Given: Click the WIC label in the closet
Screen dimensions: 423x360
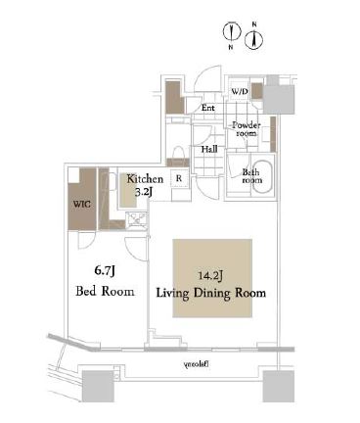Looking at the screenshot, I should click(x=79, y=206).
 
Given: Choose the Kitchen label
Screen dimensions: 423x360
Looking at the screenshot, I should click(x=144, y=179).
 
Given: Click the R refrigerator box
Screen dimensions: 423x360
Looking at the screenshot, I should click(x=179, y=179).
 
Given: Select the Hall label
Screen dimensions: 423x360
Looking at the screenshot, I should click(x=208, y=150).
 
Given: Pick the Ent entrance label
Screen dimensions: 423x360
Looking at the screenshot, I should click(x=208, y=108).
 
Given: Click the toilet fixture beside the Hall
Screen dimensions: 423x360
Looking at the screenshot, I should click(x=178, y=152).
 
